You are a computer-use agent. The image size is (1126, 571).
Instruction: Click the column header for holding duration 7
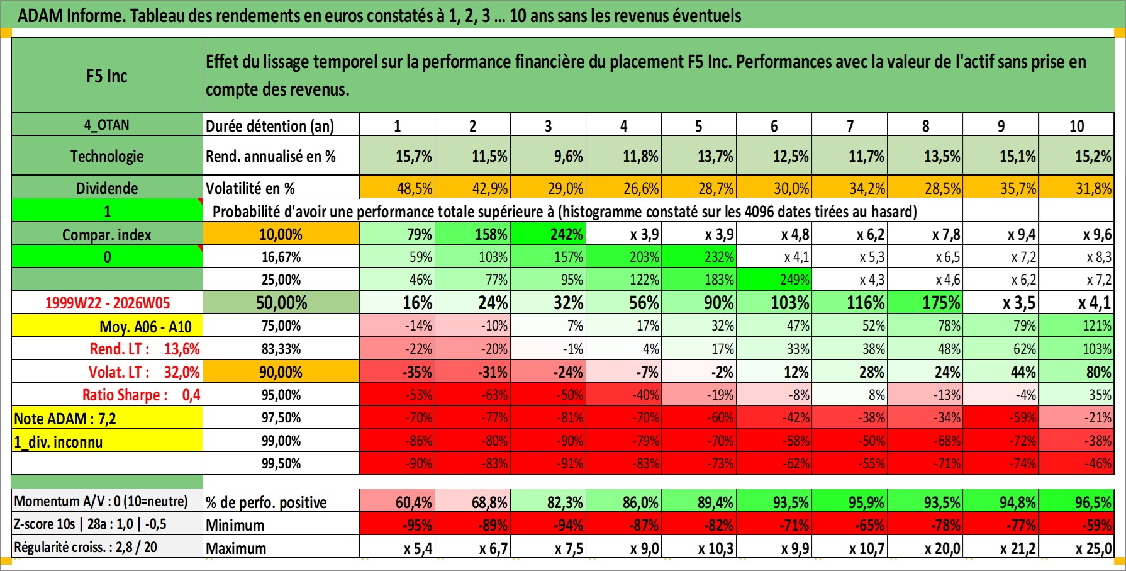tap(850, 125)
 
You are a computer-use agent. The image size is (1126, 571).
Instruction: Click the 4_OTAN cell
tap(107, 125)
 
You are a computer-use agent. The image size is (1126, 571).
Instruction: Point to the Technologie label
tap(107, 156)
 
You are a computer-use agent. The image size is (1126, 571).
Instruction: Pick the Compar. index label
tap(107, 235)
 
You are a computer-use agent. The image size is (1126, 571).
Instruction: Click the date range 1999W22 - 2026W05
tap(107, 303)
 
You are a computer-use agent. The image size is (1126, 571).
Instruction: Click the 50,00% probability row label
tap(281, 303)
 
